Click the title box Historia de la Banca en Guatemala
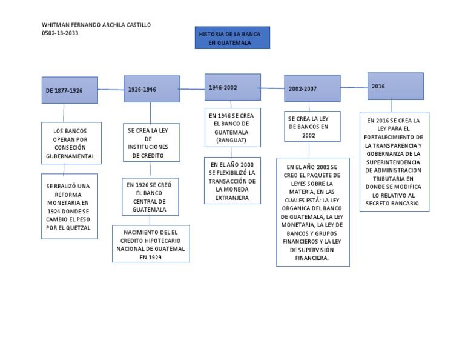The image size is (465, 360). [232, 37]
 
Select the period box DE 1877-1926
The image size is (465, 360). [70, 90]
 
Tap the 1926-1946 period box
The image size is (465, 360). [151, 89]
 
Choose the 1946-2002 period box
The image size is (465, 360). [232, 87]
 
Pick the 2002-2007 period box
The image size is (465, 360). [312, 88]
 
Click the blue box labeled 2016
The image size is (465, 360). [395, 86]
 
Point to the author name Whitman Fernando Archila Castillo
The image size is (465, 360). [96, 25]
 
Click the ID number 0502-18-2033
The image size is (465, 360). [59, 33]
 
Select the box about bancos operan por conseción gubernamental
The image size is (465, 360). [70, 143]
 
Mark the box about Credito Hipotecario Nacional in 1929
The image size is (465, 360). [151, 244]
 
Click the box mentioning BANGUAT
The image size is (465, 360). [232, 127]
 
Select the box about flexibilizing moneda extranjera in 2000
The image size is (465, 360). [232, 181]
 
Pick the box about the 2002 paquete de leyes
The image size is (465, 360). [312, 212]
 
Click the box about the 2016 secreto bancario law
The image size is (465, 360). [394, 162]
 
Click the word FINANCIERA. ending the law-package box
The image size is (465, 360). [312, 258]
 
